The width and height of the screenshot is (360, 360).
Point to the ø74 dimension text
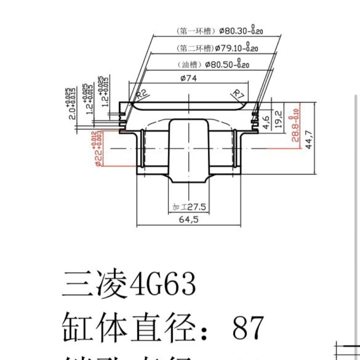click(x=189, y=78)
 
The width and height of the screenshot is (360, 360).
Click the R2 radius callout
click(x=142, y=94)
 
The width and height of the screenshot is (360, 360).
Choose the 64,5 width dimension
click(x=189, y=220)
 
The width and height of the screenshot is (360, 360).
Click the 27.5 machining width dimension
click(x=196, y=207)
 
